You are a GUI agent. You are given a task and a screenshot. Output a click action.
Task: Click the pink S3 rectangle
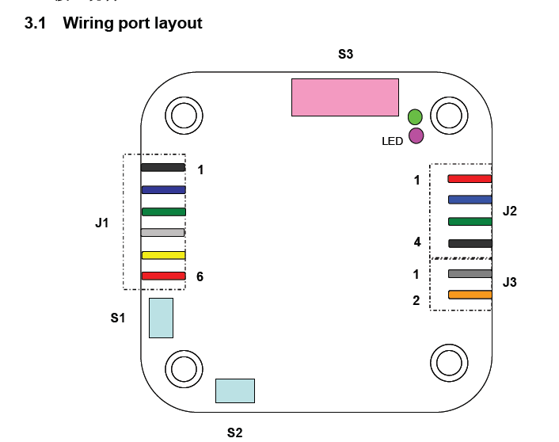[x=344, y=97]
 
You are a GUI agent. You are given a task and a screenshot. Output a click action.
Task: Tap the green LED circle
[x=415, y=117]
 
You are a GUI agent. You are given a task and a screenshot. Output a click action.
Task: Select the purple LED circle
[x=416, y=135]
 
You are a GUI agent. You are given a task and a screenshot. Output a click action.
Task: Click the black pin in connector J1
[x=163, y=168]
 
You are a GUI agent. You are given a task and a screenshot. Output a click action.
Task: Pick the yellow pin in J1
[x=163, y=255]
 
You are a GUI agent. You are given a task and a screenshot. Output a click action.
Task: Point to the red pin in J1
[x=163, y=276]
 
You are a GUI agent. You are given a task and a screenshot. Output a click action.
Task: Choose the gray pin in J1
[x=163, y=233]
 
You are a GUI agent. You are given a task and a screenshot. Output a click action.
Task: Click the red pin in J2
[x=470, y=179]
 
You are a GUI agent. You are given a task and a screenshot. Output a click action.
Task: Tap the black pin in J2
[x=470, y=243]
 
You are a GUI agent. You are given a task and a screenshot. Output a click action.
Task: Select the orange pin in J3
[x=470, y=295]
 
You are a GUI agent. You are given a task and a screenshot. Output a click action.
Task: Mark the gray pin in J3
[x=470, y=274]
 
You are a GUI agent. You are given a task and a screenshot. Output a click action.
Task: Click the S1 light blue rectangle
[x=161, y=318]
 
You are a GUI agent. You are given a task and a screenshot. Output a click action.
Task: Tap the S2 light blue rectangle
[x=235, y=391]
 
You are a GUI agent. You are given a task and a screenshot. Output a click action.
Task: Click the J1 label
[x=102, y=223]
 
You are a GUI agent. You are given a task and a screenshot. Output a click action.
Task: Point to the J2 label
[x=509, y=211]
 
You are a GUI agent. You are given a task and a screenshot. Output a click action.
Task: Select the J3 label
[x=509, y=282]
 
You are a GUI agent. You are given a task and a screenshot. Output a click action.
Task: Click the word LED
[x=393, y=141]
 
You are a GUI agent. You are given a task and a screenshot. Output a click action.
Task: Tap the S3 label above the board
[x=345, y=55]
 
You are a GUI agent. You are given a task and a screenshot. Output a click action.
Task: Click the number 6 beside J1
[x=200, y=277]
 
